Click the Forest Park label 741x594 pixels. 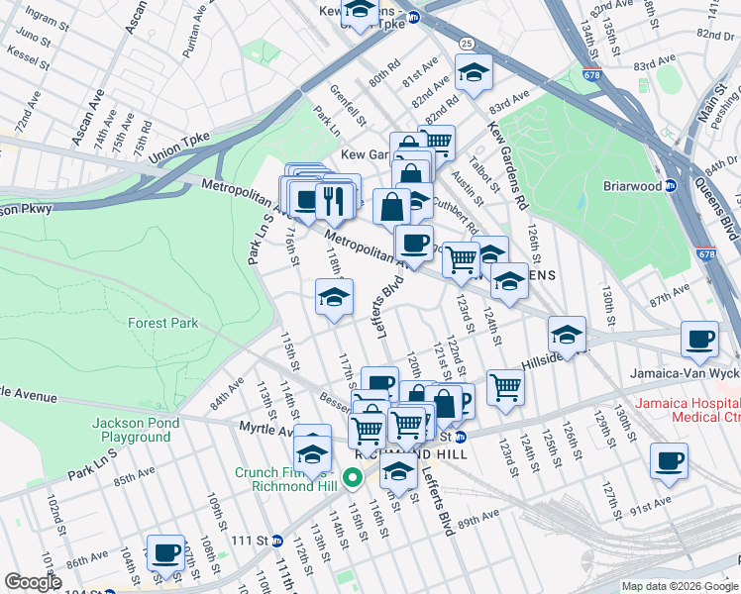162,323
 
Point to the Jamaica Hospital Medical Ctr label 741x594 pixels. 688,410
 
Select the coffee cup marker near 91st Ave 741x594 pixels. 669,460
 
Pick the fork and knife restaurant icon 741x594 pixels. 335,200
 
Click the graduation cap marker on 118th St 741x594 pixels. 334,296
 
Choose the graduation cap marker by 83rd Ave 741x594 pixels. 474,71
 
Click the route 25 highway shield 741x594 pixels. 465,44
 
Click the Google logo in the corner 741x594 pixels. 33,582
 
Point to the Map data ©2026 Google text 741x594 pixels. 680,586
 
